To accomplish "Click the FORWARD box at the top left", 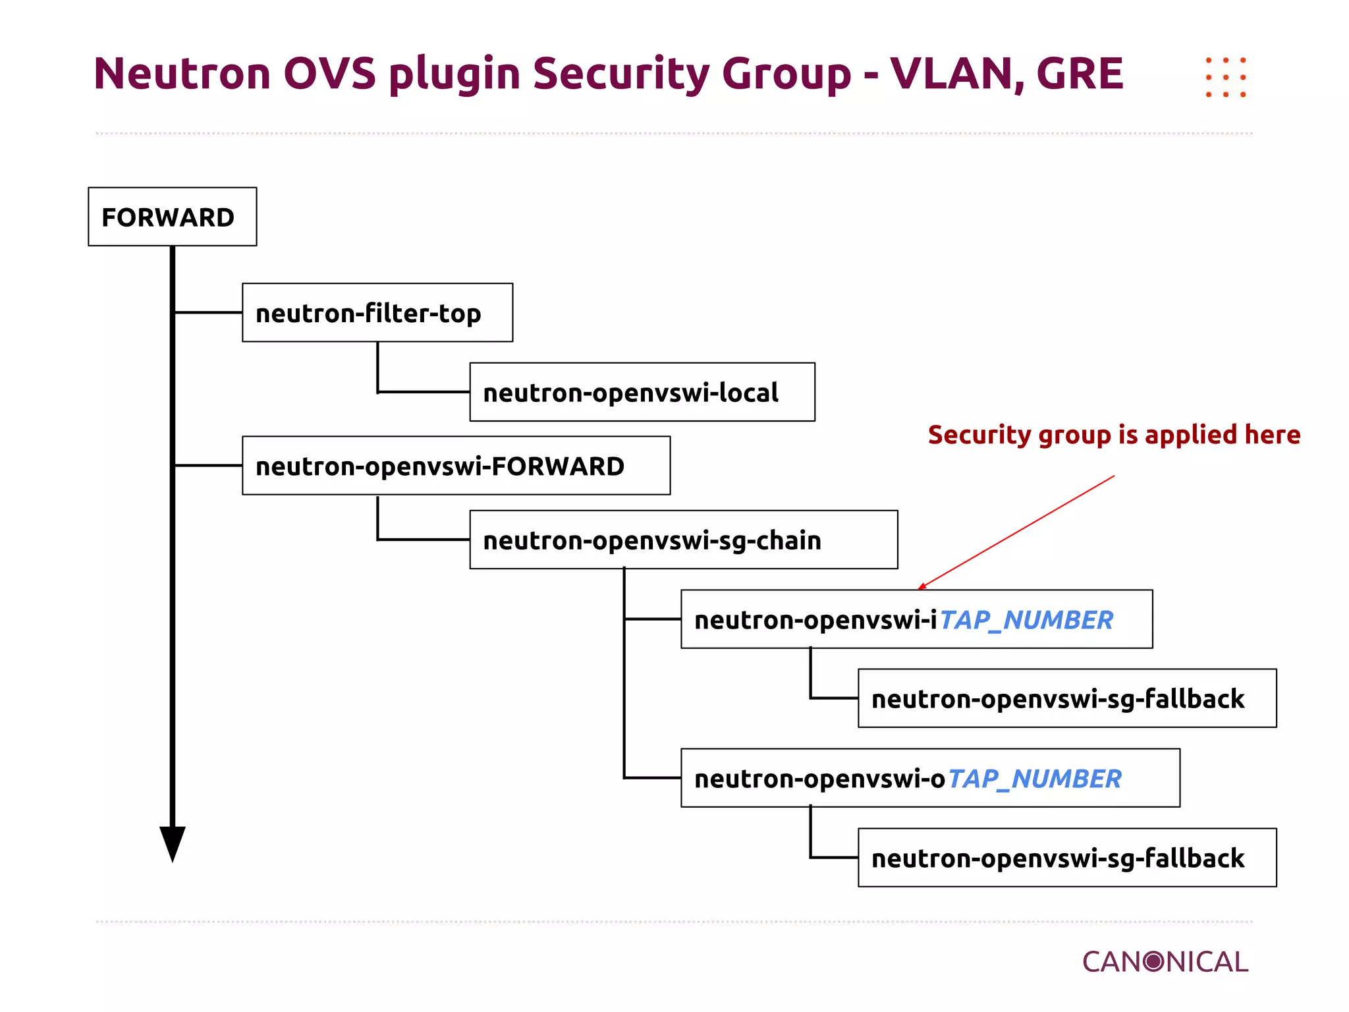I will tap(172, 217).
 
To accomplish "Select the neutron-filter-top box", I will tap(377, 313).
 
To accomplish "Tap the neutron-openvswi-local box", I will tap(642, 392).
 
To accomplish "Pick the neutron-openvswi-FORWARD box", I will tap(456, 466).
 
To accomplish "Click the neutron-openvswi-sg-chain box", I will tap(683, 540).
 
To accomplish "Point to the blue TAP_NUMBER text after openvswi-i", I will tap(1026, 620).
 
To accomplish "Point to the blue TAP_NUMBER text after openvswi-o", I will tap(1033, 779).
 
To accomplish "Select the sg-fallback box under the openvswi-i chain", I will tap(1066, 698).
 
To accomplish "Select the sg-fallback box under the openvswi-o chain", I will tap(1066, 858).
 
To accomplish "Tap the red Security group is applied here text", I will tap(1114, 435).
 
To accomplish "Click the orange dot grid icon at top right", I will tap(1225, 77).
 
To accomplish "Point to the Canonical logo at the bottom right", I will tap(1165, 962).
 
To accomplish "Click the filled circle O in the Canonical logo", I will tap(1153, 962).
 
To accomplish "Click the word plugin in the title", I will tap(454, 73).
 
